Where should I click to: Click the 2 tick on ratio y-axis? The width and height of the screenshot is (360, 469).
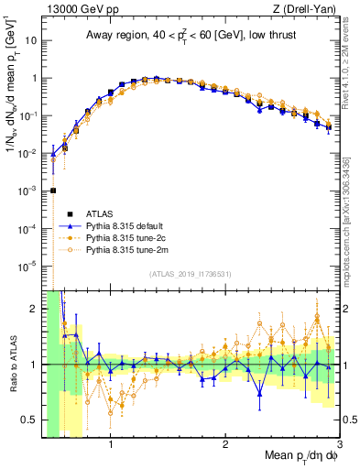tap(36, 309)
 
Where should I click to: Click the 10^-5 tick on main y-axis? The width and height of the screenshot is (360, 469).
tap(29, 266)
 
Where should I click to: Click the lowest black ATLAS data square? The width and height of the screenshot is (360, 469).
tap(53, 191)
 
